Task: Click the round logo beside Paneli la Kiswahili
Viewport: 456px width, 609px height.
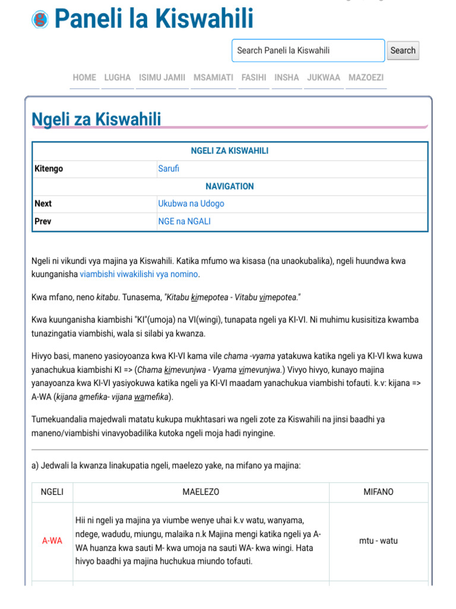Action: tap(40, 20)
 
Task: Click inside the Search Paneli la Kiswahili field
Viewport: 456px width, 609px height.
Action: tap(308, 51)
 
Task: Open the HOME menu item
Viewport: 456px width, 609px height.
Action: tap(84, 78)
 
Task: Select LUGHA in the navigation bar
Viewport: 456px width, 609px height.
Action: tap(118, 78)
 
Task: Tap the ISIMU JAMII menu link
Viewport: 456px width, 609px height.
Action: tap(162, 78)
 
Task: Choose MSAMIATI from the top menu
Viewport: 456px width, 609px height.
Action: tap(213, 78)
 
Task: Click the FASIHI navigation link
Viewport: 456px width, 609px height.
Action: tap(254, 78)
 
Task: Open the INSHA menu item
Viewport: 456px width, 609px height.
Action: tap(287, 78)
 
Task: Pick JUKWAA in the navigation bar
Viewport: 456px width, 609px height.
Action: tap(324, 78)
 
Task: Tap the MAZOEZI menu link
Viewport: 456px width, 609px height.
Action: tap(366, 78)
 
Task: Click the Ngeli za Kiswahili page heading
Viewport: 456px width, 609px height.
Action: tap(96, 120)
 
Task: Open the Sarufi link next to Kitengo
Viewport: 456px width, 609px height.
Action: tap(169, 169)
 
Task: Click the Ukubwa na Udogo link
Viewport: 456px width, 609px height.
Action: tap(191, 204)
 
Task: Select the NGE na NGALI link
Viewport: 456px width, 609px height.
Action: tap(184, 222)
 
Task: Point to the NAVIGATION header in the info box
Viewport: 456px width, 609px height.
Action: tap(230, 187)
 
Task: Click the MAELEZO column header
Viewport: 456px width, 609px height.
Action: tap(201, 492)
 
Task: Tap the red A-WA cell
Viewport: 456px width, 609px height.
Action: tap(52, 541)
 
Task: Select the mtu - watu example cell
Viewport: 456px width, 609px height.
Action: tap(378, 541)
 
